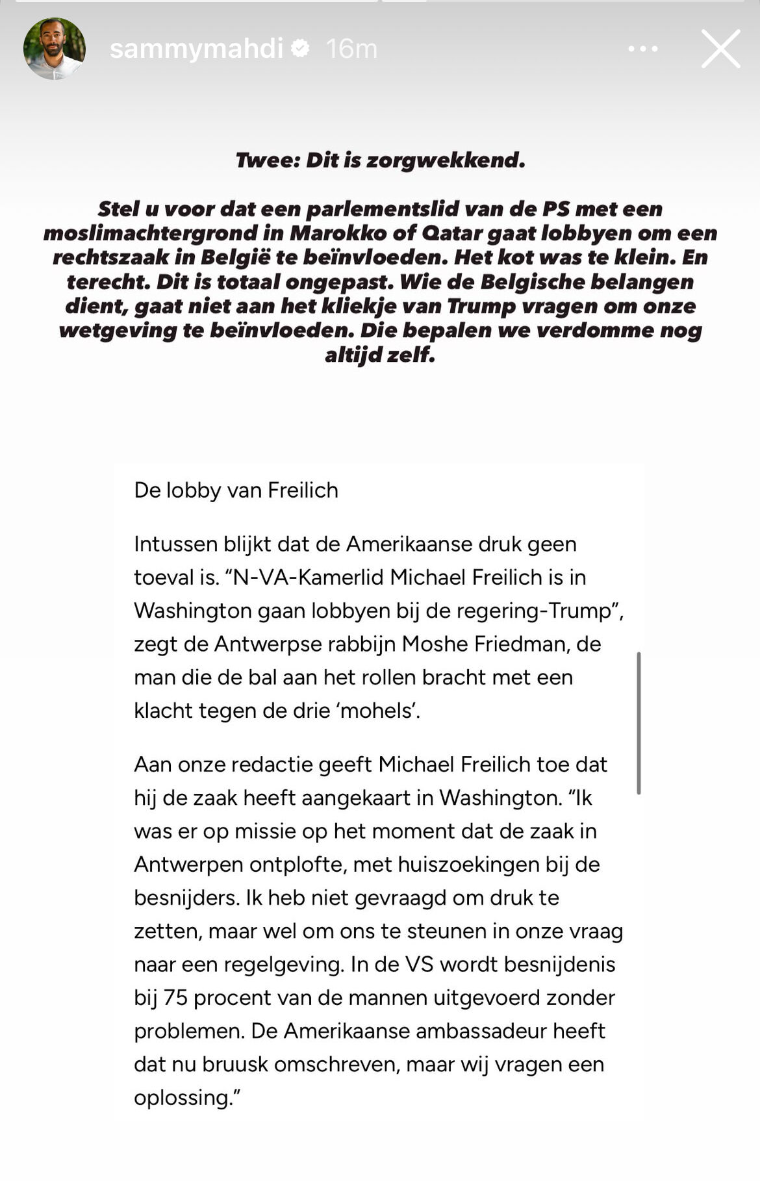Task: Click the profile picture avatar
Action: click(54, 49)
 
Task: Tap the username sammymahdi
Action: click(196, 49)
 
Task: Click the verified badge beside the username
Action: click(300, 48)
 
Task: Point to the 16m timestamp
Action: click(351, 49)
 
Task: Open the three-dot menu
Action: click(642, 49)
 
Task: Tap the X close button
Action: click(720, 49)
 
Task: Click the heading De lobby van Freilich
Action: click(236, 490)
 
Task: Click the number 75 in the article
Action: click(175, 997)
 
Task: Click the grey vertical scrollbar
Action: click(639, 722)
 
